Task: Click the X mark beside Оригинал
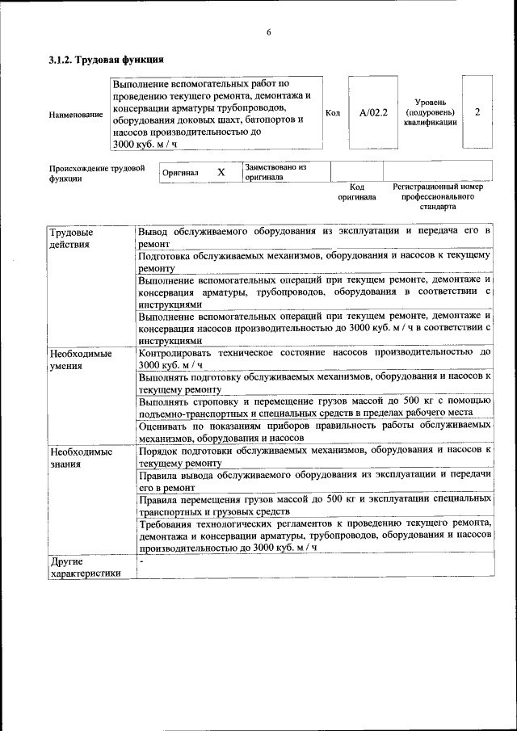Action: coord(221,172)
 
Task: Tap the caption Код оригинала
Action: coord(356,191)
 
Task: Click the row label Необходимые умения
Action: coord(81,359)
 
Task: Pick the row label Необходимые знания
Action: coord(81,458)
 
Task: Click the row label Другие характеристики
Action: coord(84,567)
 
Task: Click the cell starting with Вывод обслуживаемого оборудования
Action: coord(314,237)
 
